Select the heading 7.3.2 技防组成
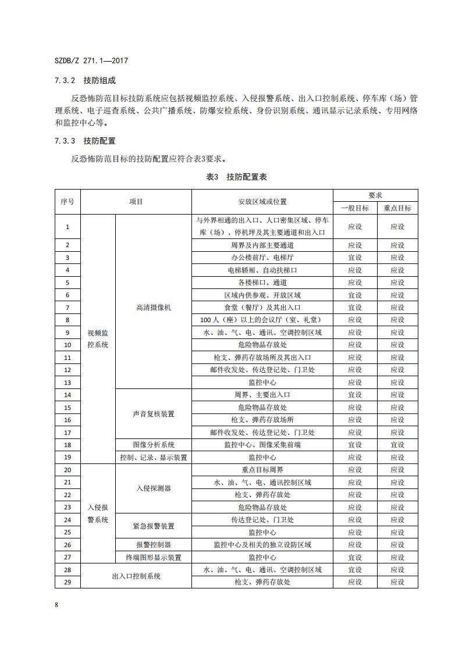85,80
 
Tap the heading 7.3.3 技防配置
85,141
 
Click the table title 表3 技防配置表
236,177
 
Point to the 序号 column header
67,202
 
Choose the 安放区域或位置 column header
262,202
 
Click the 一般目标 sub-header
354,208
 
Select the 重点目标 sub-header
397,208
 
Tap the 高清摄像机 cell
153,307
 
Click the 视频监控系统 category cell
98,338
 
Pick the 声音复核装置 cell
153,414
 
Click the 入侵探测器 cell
153,488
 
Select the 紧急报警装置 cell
153,526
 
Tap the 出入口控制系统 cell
136,576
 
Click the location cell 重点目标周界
262,470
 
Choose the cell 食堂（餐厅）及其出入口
262,308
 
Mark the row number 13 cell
67,383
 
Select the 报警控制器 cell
153,545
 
